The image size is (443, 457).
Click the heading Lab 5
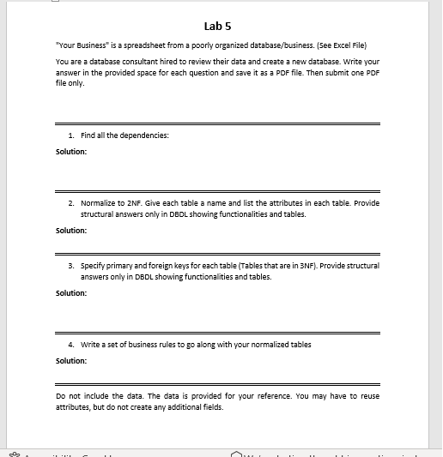(221, 27)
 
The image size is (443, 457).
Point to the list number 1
(70, 135)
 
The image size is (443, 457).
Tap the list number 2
(70, 203)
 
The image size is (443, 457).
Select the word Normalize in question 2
(97, 203)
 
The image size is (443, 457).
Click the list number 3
(70, 266)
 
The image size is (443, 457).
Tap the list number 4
(70, 344)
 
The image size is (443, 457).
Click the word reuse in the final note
(368, 396)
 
